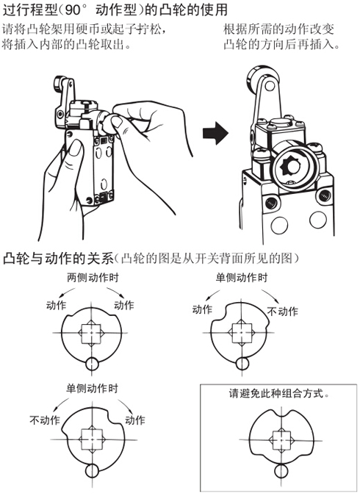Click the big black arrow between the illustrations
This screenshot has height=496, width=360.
[x=215, y=133]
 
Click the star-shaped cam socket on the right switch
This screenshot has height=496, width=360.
[x=290, y=165]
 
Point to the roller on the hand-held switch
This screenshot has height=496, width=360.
[x=60, y=84]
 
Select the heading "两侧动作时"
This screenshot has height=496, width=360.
[x=93, y=278]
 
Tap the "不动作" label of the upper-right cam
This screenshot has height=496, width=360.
[x=282, y=312]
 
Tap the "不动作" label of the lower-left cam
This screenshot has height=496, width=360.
[x=45, y=420]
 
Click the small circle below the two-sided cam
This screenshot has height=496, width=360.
[x=92, y=364]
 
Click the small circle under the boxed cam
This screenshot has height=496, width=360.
[x=281, y=471]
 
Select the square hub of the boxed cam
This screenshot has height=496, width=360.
[x=281, y=440]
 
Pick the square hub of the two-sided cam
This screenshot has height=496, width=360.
[x=91, y=333]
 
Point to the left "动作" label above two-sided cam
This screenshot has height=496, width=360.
[x=57, y=305]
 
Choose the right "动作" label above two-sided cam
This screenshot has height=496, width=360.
[x=124, y=305]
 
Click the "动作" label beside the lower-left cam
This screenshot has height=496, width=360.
[x=135, y=420]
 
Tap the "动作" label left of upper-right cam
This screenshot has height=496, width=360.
[x=203, y=309]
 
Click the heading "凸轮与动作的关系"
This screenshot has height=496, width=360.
[x=58, y=259]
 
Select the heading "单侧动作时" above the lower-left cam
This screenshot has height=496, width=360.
[x=92, y=388]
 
